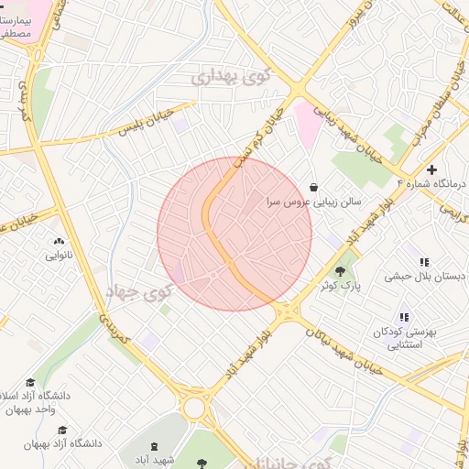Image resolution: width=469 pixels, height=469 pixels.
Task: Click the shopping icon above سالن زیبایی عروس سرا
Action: point(314,187)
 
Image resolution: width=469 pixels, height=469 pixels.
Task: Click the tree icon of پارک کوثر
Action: point(341,271)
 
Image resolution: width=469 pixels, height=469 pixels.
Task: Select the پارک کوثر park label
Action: point(340,286)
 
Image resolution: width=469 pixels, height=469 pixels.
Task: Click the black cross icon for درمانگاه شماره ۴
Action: point(431,169)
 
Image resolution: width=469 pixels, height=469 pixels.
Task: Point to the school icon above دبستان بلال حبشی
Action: point(423,263)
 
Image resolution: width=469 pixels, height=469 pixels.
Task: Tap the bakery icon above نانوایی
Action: point(55,242)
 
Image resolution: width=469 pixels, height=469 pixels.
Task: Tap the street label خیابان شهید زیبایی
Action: point(344,128)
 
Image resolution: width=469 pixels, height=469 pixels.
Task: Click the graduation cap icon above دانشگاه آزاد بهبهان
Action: point(62,430)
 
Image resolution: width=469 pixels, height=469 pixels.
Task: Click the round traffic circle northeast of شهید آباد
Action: point(194,408)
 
